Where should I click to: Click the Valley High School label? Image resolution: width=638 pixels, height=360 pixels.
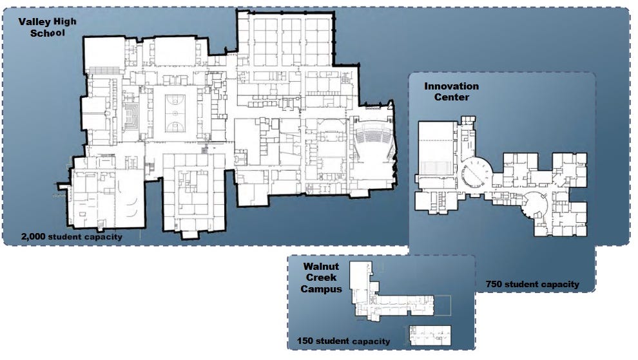[x=47, y=27]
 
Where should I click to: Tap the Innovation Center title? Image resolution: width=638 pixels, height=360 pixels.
[x=451, y=91]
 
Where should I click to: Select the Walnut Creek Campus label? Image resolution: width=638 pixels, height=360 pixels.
[x=321, y=278]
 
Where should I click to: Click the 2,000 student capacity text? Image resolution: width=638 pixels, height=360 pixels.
[x=72, y=236]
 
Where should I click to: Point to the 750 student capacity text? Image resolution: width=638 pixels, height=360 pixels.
[x=532, y=285]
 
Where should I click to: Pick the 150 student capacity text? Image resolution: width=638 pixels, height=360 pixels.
[x=343, y=341]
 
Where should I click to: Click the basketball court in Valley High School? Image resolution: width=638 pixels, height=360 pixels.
[x=175, y=113]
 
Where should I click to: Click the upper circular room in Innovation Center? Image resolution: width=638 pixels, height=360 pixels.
[x=476, y=172]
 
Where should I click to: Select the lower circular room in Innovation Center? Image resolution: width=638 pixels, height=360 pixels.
[x=536, y=206]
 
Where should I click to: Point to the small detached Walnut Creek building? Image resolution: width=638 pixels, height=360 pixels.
[x=430, y=335]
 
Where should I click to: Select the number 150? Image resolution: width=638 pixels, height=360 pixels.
[x=305, y=341]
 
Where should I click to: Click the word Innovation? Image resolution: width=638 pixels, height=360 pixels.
[x=451, y=86]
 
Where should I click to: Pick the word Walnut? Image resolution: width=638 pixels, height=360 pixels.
[x=321, y=267]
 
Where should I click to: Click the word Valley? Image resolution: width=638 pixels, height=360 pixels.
[x=32, y=22]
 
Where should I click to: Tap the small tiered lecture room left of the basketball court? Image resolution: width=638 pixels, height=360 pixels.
[x=131, y=116]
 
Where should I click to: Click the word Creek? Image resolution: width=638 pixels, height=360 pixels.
[x=321, y=278]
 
